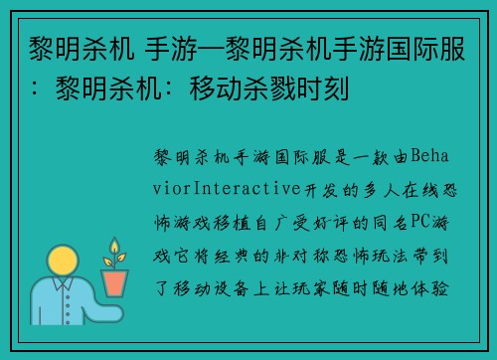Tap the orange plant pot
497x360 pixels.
click(x=115, y=282)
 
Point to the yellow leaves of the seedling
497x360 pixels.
click(x=114, y=251)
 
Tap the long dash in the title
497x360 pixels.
click(x=184, y=49)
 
